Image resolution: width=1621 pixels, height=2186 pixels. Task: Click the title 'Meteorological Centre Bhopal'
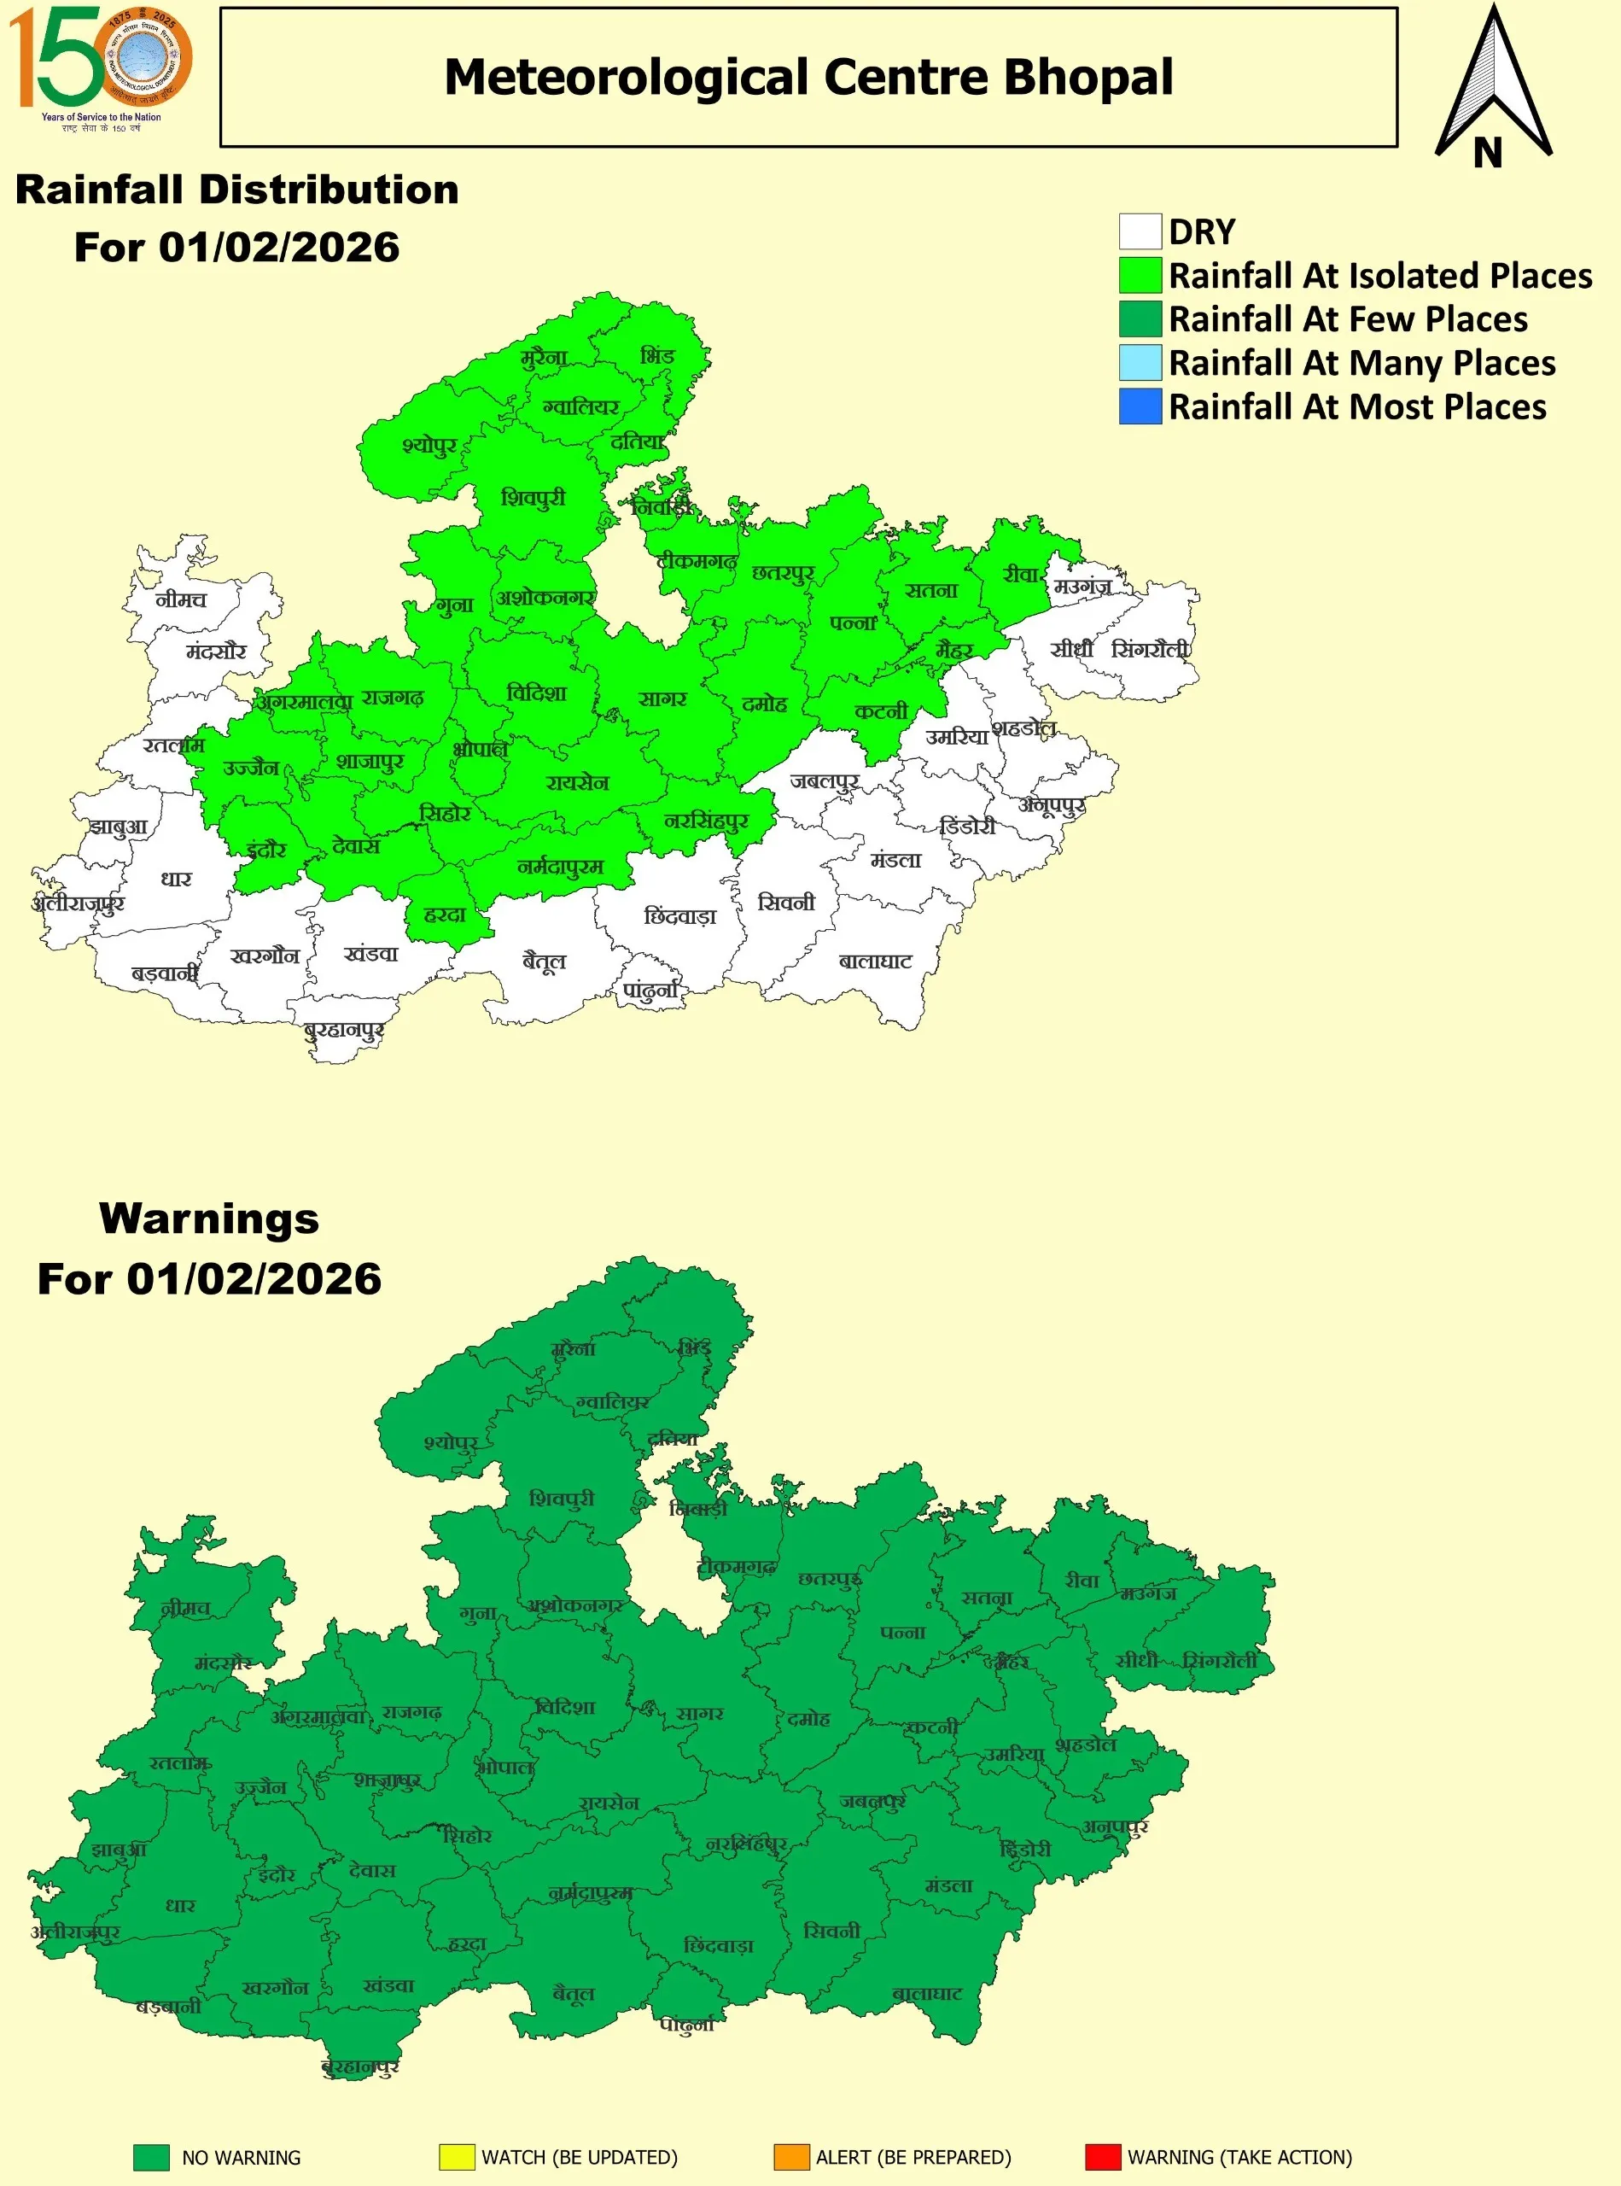point(808,78)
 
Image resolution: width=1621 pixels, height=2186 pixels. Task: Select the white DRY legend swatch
point(1140,231)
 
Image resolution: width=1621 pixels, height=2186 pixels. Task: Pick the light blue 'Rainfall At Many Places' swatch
point(1140,362)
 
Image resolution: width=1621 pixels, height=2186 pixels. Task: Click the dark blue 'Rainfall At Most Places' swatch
point(1140,406)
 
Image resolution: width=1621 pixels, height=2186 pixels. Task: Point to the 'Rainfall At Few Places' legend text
point(1347,319)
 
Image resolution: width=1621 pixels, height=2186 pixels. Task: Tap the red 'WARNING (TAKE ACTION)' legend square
point(1102,2157)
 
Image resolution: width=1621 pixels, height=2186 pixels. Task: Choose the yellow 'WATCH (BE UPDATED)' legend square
point(457,2157)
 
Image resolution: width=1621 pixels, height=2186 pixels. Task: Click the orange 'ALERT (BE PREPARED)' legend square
point(791,2157)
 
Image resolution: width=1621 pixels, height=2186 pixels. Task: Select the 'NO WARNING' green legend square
point(151,2157)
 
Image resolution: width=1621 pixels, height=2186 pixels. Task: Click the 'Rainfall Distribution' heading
point(236,190)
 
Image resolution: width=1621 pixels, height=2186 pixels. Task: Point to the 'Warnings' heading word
point(209,1219)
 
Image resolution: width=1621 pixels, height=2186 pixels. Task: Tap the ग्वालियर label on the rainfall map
point(581,406)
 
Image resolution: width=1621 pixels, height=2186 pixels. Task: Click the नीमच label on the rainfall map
point(182,599)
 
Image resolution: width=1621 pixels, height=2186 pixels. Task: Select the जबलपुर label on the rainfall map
point(825,781)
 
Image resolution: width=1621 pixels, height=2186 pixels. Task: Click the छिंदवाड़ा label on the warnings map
point(718,1945)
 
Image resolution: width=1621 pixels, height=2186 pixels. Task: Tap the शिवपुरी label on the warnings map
point(562,1499)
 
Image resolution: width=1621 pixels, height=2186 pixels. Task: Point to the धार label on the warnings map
point(179,1905)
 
